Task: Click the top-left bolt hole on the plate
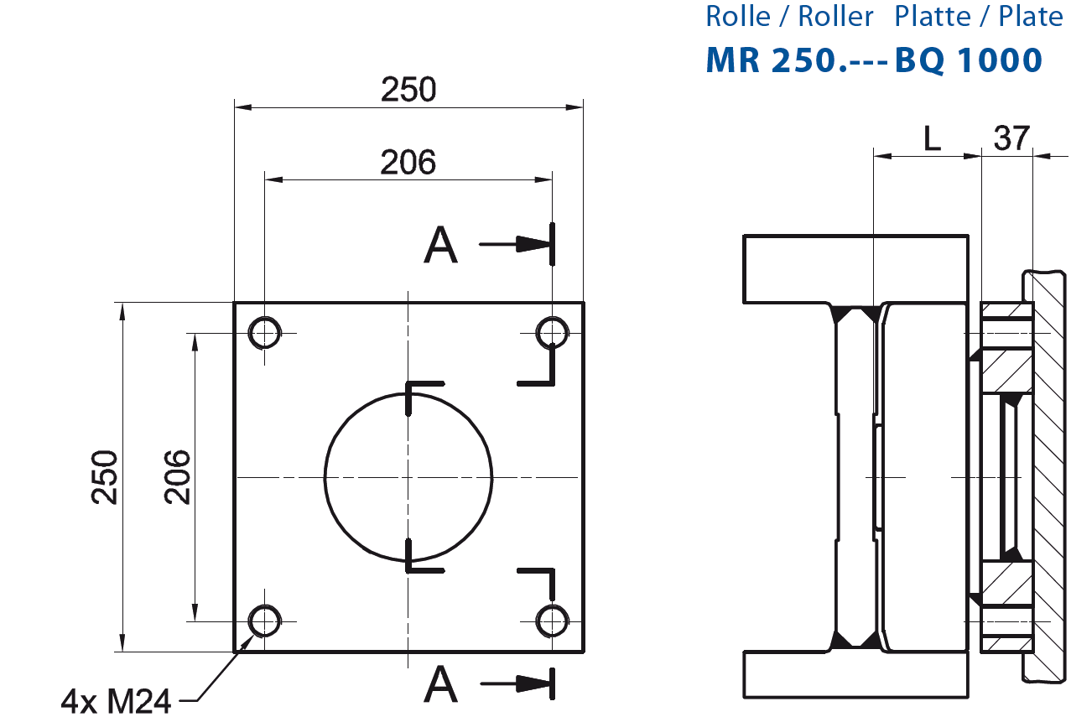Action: (x=265, y=333)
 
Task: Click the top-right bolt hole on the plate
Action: (x=552, y=332)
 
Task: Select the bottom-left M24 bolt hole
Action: (x=265, y=621)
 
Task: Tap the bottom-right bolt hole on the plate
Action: (x=552, y=621)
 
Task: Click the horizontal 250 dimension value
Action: (x=408, y=89)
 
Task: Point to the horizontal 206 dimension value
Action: (x=408, y=162)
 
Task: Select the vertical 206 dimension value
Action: (x=177, y=476)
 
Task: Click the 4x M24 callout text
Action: (x=116, y=700)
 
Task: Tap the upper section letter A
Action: (x=441, y=246)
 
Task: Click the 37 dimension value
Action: (x=1011, y=138)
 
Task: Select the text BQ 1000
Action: (x=969, y=60)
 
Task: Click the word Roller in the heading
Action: (x=836, y=16)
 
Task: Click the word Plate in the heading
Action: (x=1031, y=16)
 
